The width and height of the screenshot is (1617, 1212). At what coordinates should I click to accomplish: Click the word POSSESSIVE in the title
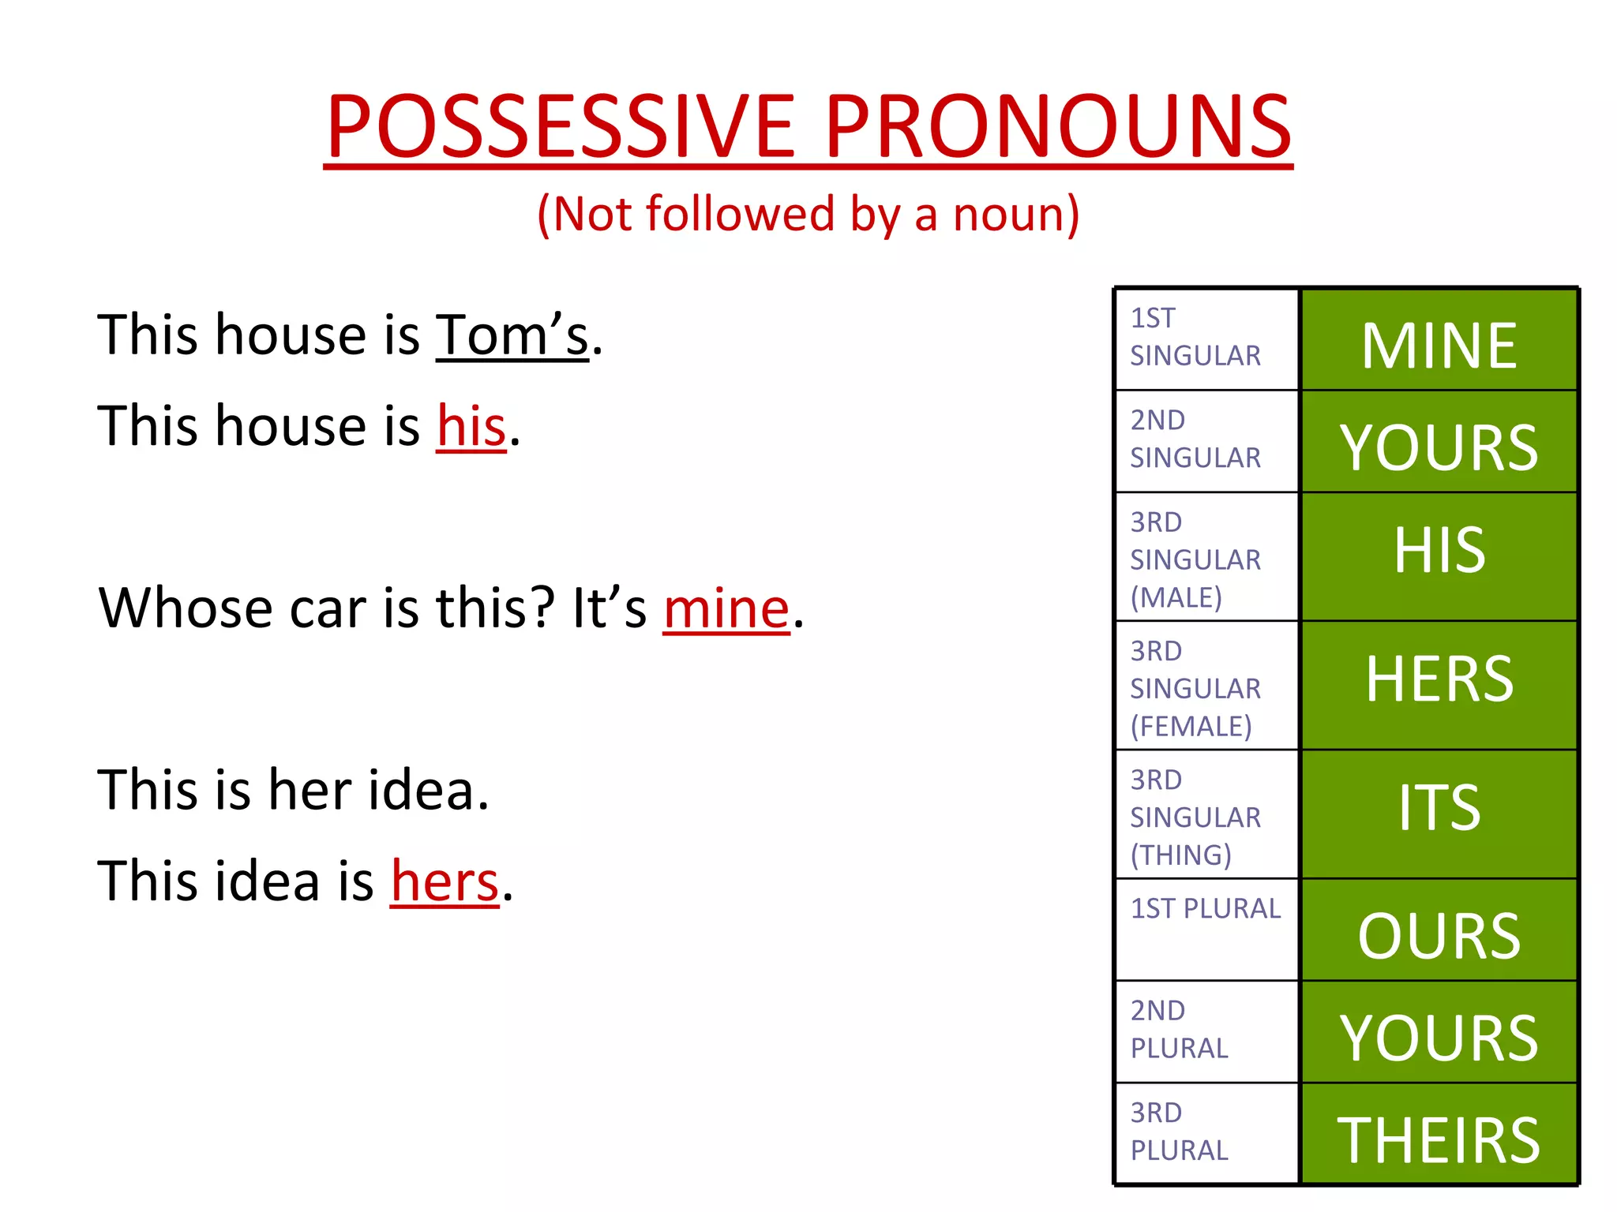[x=561, y=126]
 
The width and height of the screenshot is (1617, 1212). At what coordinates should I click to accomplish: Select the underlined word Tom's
[x=512, y=335]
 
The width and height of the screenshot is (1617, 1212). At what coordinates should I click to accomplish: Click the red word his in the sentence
[x=471, y=426]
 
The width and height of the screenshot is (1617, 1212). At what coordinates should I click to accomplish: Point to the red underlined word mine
[x=726, y=608]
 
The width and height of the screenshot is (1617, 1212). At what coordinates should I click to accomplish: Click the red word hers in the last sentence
[x=445, y=881]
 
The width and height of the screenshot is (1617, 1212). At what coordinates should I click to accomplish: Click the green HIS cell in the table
[x=1439, y=555]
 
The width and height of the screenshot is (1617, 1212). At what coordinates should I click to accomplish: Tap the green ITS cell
[x=1439, y=813]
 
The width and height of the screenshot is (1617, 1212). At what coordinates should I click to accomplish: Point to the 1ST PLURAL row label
[x=1205, y=909]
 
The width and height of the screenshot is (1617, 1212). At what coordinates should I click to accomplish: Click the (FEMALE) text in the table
[x=1191, y=726]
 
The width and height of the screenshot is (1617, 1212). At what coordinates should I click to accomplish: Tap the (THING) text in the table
[x=1180, y=855]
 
